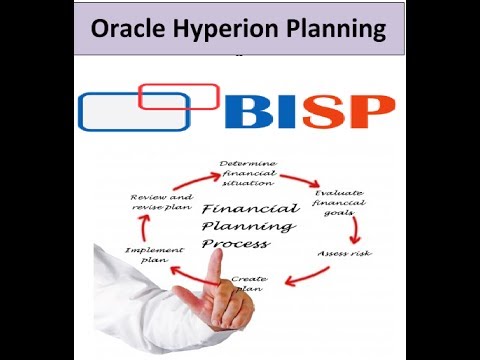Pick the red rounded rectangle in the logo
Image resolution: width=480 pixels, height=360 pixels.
[179, 95]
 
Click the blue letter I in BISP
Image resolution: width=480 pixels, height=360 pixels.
[291, 111]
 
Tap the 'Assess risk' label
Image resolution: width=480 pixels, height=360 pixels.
[345, 253]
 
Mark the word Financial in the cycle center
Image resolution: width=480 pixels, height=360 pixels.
[249, 209]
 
